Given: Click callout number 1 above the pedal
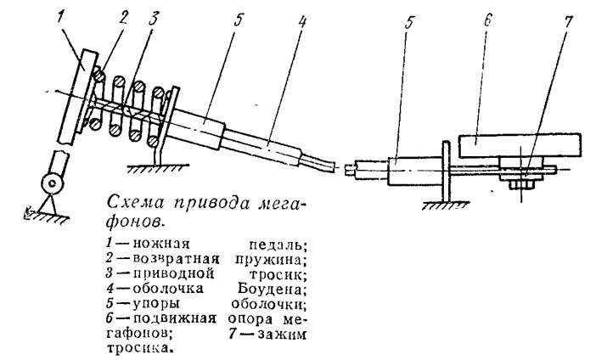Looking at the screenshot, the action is click(62, 18).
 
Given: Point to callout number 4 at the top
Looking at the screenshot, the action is click(301, 22).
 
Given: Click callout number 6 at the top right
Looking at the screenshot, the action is click(486, 20).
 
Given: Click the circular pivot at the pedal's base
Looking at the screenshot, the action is click(52, 183).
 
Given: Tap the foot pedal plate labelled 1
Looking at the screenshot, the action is click(78, 97).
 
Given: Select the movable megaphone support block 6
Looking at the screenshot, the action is click(520, 145).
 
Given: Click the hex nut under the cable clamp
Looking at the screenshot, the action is click(520, 185).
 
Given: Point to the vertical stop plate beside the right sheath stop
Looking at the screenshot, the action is click(446, 171).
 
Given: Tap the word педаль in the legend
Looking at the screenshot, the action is click(274, 245).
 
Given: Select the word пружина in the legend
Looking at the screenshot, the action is click(269, 259).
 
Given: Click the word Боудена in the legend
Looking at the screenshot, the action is click(272, 289).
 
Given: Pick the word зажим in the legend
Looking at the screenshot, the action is click(282, 335).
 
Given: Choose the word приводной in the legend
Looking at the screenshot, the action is click(174, 274).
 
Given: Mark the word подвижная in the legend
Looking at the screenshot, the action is click(175, 318).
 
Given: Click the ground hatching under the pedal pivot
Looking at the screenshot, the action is click(47, 218).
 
